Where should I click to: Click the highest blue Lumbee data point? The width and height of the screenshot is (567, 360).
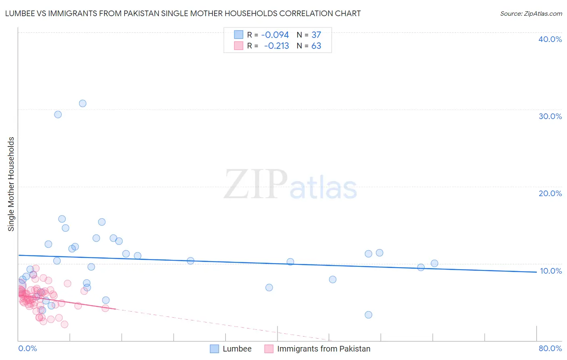pyautogui.click(x=83, y=103)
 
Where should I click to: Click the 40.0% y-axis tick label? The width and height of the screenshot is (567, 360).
pyautogui.click(x=550, y=39)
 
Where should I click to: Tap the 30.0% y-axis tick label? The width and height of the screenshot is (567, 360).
pyautogui.click(x=550, y=116)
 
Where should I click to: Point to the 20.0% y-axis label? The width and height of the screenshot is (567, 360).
pyautogui.click(x=550, y=193)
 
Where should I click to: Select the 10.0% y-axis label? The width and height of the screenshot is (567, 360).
pyautogui.click(x=550, y=271)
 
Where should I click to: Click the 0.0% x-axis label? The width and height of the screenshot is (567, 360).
pyautogui.click(x=27, y=348)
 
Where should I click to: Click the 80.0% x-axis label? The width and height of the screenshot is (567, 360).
pyautogui.click(x=550, y=348)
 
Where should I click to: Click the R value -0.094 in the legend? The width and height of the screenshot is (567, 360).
pyautogui.click(x=275, y=35)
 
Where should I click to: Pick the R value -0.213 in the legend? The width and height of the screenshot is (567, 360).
pyautogui.click(x=276, y=46)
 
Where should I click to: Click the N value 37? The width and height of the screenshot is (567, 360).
pyautogui.click(x=316, y=35)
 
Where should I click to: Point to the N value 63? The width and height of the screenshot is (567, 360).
pyautogui.click(x=316, y=46)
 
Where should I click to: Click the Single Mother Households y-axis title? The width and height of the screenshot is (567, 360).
pyautogui.click(x=11, y=184)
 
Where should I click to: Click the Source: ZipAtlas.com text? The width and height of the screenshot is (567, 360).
pyautogui.click(x=531, y=14)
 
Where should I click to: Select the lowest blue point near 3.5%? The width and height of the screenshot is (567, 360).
pyautogui.click(x=368, y=315)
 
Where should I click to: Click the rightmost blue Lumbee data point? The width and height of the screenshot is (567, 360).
pyautogui.click(x=434, y=264)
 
